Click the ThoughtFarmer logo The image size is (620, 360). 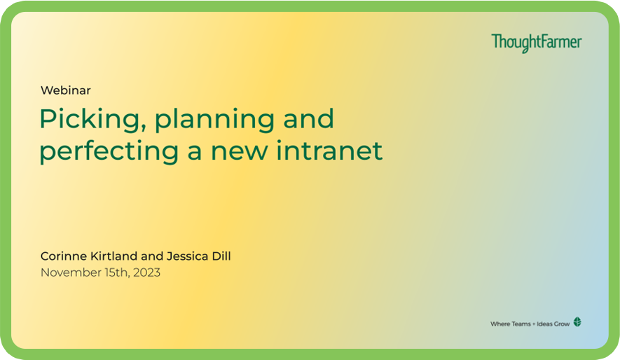click(x=537, y=43)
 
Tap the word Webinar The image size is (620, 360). click(x=66, y=90)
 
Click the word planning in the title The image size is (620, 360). click(x=214, y=120)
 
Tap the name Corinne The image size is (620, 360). click(x=64, y=256)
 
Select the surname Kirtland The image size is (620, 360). click(x=114, y=256)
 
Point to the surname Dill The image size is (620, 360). click(x=221, y=256)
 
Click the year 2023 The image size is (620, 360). click(x=146, y=272)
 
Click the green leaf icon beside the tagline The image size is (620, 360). click(x=577, y=322)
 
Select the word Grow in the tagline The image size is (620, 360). click(x=561, y=324)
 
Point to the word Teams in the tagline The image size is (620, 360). click(x=521, y=324)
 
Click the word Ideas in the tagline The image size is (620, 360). click(x=544, y=324)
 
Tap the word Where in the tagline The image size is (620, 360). click(x=500, y=324)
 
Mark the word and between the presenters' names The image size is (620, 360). click(x=152, y=256)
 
